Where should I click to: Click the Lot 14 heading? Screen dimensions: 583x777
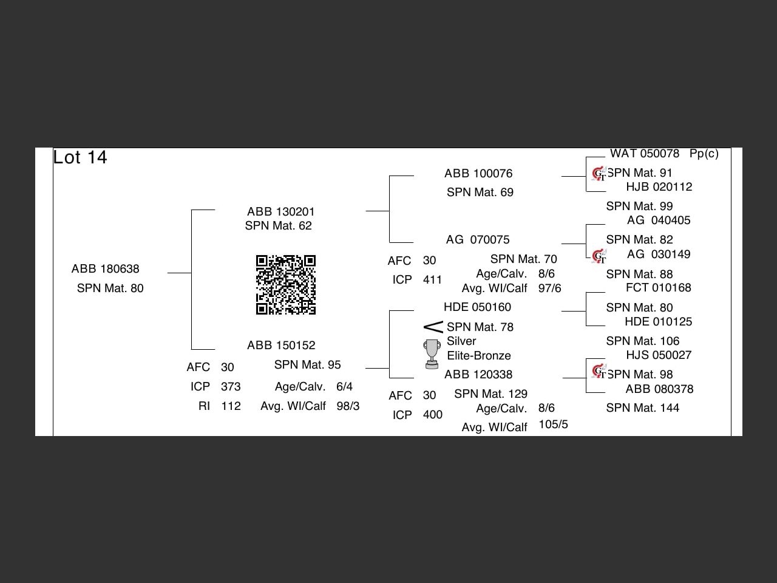pos(80,157)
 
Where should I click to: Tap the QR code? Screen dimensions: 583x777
pos(286,285)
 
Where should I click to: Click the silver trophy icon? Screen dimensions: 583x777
pos(432,354)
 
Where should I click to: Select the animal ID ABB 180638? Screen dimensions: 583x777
pos(105,269)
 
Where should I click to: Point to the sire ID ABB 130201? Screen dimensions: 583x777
pos(280,212)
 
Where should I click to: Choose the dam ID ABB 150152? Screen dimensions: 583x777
pos(281,346)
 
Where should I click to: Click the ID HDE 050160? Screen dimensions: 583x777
pos(477,307)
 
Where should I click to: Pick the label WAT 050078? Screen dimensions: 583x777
pos(645,154)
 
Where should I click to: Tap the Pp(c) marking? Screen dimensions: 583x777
pos(704,154)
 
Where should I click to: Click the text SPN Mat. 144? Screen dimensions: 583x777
pos(642,408)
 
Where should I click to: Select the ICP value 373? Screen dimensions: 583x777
pos(231,387)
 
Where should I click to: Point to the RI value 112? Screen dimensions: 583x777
pos(231,406)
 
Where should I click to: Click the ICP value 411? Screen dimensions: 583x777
pos(432,280)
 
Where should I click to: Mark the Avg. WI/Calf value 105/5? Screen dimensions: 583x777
pos(553,424)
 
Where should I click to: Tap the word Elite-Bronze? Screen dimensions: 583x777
pos(479,356)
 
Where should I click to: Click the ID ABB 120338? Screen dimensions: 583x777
pos(478,375)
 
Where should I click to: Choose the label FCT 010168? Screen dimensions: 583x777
pos(659,288)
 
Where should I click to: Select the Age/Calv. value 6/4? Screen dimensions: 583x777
pos(344,387)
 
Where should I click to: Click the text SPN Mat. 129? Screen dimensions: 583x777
pos(490,394)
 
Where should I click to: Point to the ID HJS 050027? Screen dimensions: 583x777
pos(659,355)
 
